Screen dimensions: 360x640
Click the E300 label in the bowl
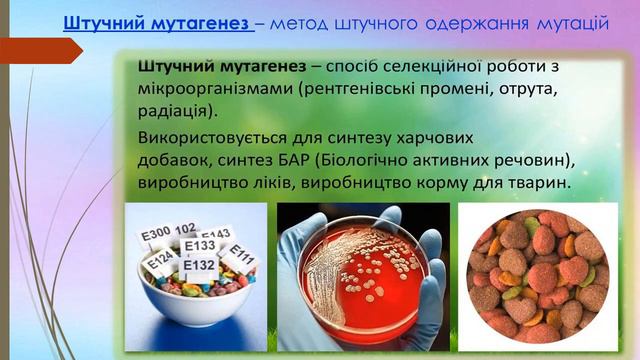(x=157, y=233)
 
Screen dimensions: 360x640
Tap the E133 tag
(x=200, y=246)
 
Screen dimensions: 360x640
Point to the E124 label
(x=160, y=262)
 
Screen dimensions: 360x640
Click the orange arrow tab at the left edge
(x=40, y=49)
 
